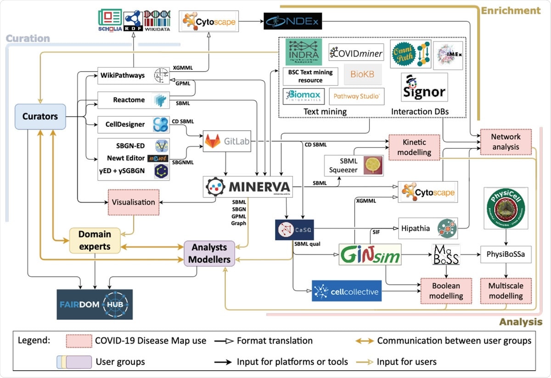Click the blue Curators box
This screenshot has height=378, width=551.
click(40, 116)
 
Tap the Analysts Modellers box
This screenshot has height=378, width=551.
click(209, 253)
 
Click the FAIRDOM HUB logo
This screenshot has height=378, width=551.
click(95, 304)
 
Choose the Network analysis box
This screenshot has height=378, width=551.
click(506, 141)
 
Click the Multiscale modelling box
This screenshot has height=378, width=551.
click(506, 291)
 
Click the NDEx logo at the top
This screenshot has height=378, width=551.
click(292, 21)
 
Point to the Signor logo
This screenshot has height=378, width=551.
click(424, 87)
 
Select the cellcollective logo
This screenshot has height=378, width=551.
click(346, 291)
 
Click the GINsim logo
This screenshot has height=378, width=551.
click(370, 254)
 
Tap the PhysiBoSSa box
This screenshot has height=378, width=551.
click(506, 254)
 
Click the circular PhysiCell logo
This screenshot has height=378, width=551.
click(506, 209)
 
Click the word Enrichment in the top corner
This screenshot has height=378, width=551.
click(511, 10)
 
